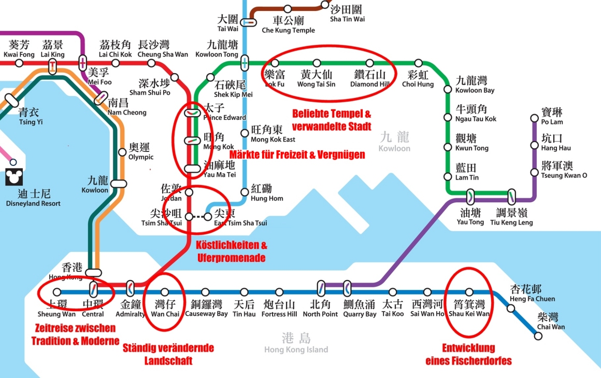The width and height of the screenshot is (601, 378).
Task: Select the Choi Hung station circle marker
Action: (x=418, y=63)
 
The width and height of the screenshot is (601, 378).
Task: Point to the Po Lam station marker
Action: (x=535, y=118)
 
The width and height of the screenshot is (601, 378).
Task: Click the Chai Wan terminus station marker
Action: (x=538, y=336)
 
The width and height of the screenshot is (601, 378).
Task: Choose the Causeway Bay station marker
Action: (x=205, y=292)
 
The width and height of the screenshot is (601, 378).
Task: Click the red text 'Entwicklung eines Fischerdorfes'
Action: (x=468, y=354)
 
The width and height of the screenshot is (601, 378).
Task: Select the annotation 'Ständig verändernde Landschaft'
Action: (x=168, y=354)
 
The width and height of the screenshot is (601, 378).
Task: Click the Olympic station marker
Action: (x=121, y=152)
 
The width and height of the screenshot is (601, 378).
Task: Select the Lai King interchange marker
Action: (x=52, y=66)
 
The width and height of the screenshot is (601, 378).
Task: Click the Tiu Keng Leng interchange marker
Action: (x=511, y=197)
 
